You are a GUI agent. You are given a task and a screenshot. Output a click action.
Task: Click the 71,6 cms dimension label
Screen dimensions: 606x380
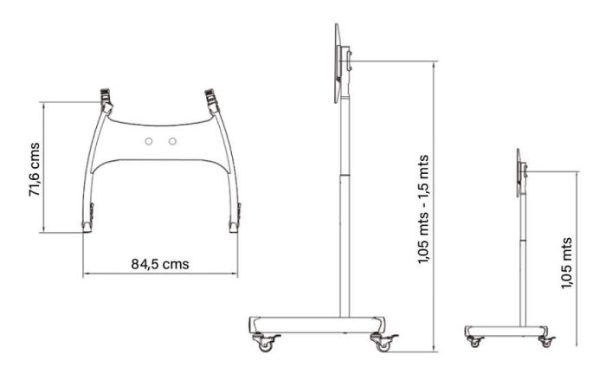pyautogui.click(x=35, y=170)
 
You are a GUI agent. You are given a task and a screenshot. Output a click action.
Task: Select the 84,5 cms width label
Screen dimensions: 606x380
pyautogui.click(x=160, y=264)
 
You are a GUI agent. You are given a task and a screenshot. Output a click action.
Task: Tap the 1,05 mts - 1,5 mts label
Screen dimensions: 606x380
pyautogui.click(x=423, y=209)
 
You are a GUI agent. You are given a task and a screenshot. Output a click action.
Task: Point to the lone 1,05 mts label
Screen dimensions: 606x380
pyautogui.click(x=566, y=263)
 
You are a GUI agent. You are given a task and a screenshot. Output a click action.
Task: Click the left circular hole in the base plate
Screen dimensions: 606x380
pyautogui.click(x=149, y=141)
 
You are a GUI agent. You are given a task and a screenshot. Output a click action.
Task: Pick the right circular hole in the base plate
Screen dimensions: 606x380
pyautogui.click(x=172, y=141)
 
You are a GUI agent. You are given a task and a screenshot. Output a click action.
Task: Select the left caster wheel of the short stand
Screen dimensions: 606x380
pyautogui.click(x=474, y=343)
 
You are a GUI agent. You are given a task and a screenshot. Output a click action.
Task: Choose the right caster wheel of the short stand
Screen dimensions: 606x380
pyautogui.click(x=545, y=343)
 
